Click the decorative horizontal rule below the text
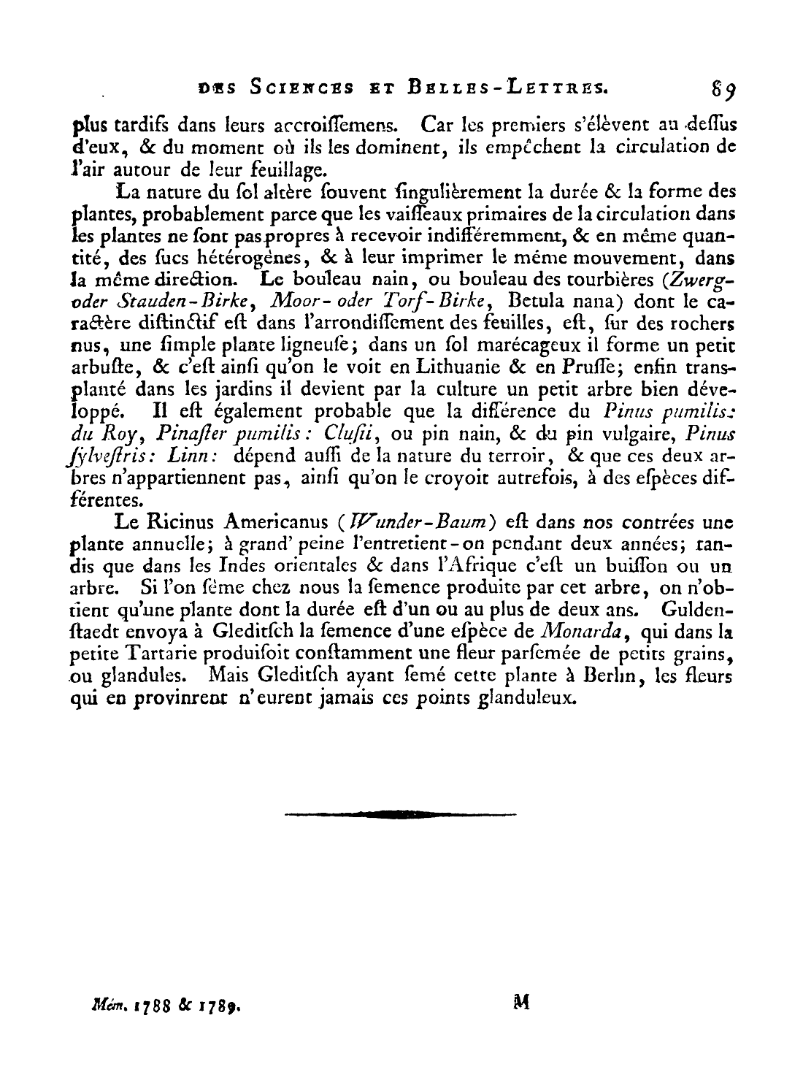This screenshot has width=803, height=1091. pyautogui.click(x=400, y=813)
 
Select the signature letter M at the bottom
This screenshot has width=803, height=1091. pyautogui.click(x=520, y=1003)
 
